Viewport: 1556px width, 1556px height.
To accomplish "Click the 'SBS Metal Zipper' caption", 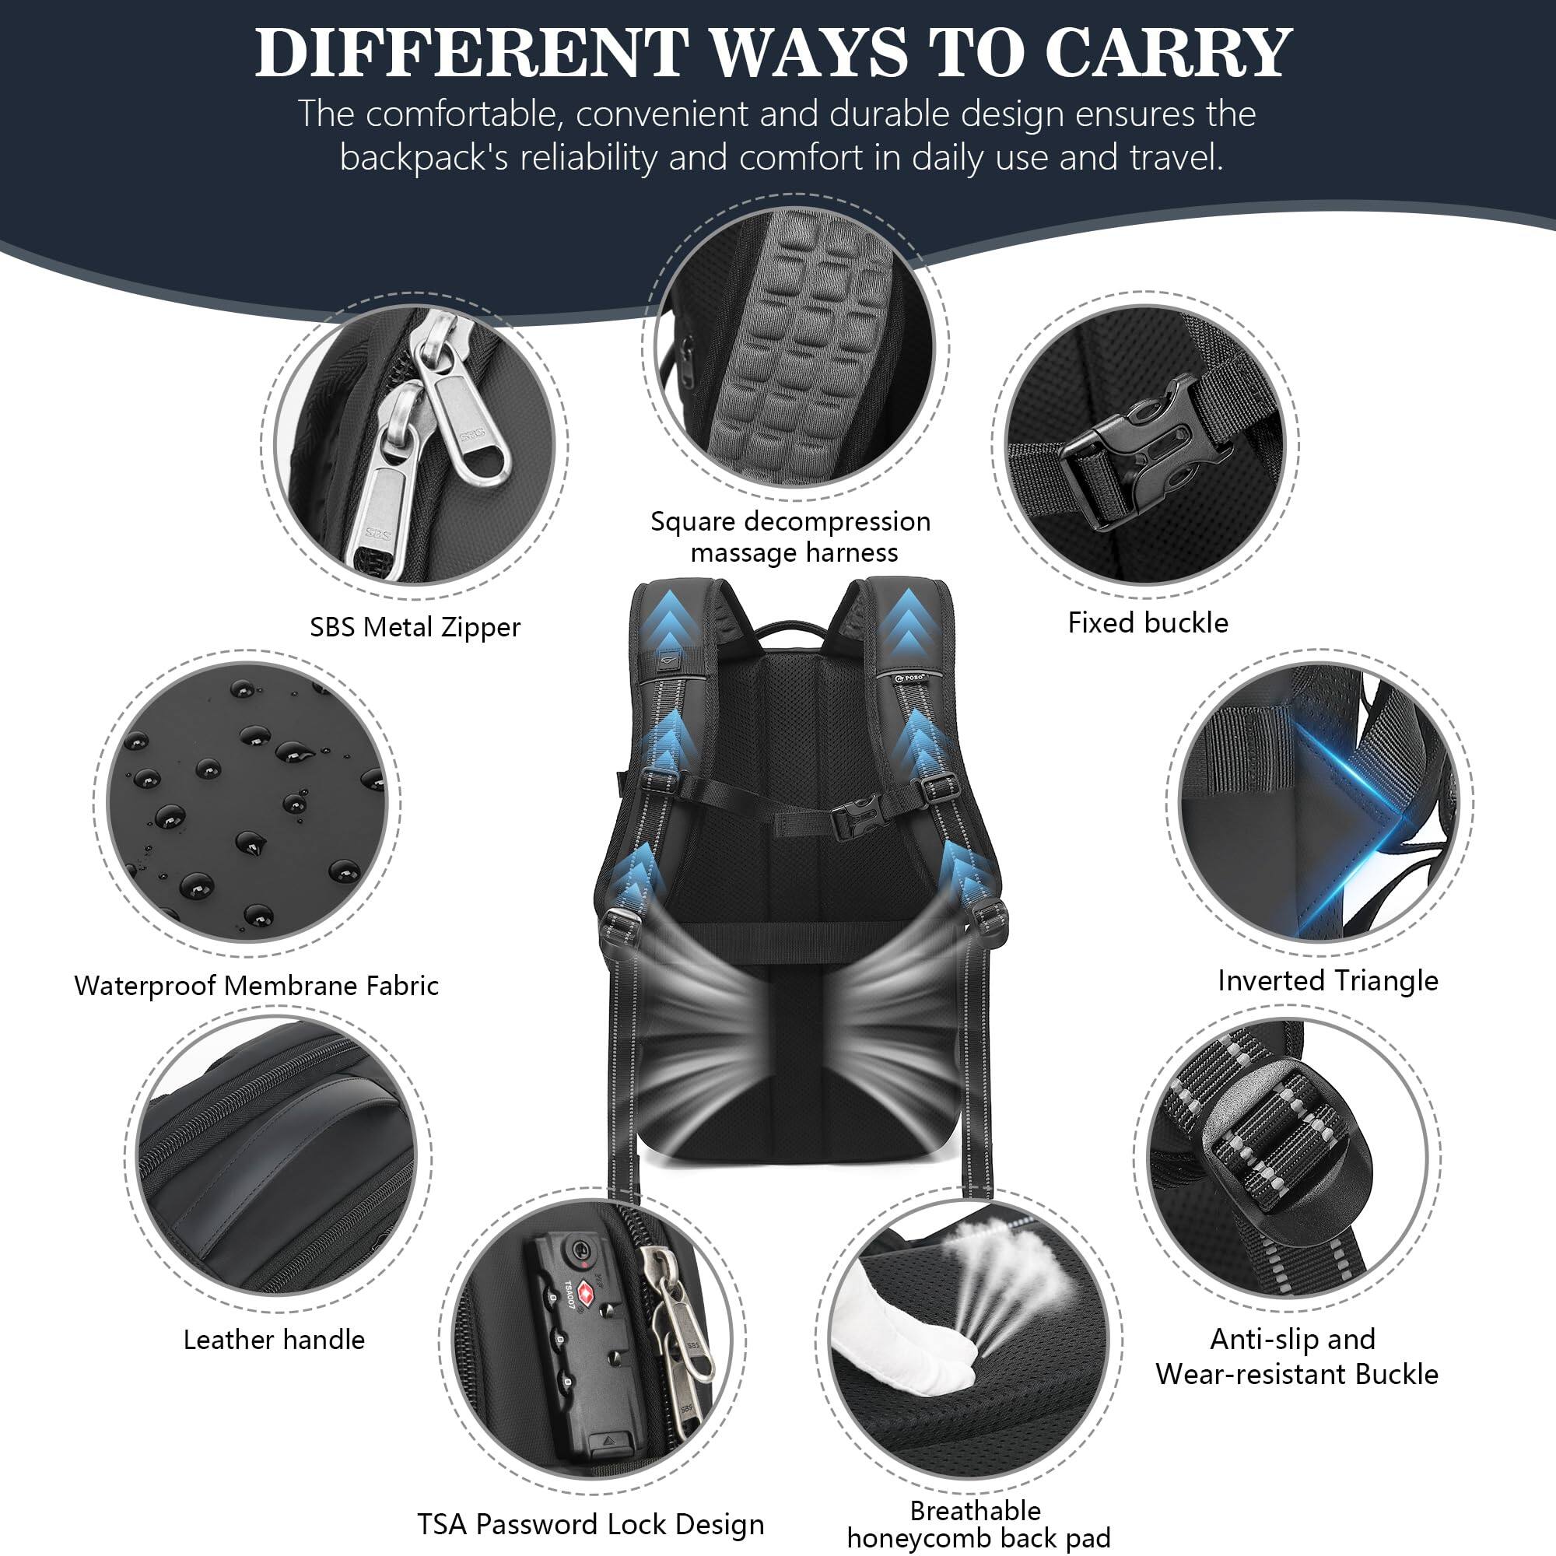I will (415, 626).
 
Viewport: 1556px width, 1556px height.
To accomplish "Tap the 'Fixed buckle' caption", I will (1148, 622).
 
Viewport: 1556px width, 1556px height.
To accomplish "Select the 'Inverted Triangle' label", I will (1327, 980).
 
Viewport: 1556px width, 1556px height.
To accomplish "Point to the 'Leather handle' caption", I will (274, 1340).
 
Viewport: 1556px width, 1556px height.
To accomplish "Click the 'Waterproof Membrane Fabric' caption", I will (256, 985).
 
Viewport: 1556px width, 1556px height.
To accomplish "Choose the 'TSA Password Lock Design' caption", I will (591, 1524).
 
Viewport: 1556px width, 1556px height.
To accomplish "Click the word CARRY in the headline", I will (1168, 53).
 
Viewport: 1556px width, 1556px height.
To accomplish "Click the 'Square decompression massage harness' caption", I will (791, 536).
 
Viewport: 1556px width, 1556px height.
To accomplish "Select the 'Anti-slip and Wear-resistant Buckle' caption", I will (1296, 1356).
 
